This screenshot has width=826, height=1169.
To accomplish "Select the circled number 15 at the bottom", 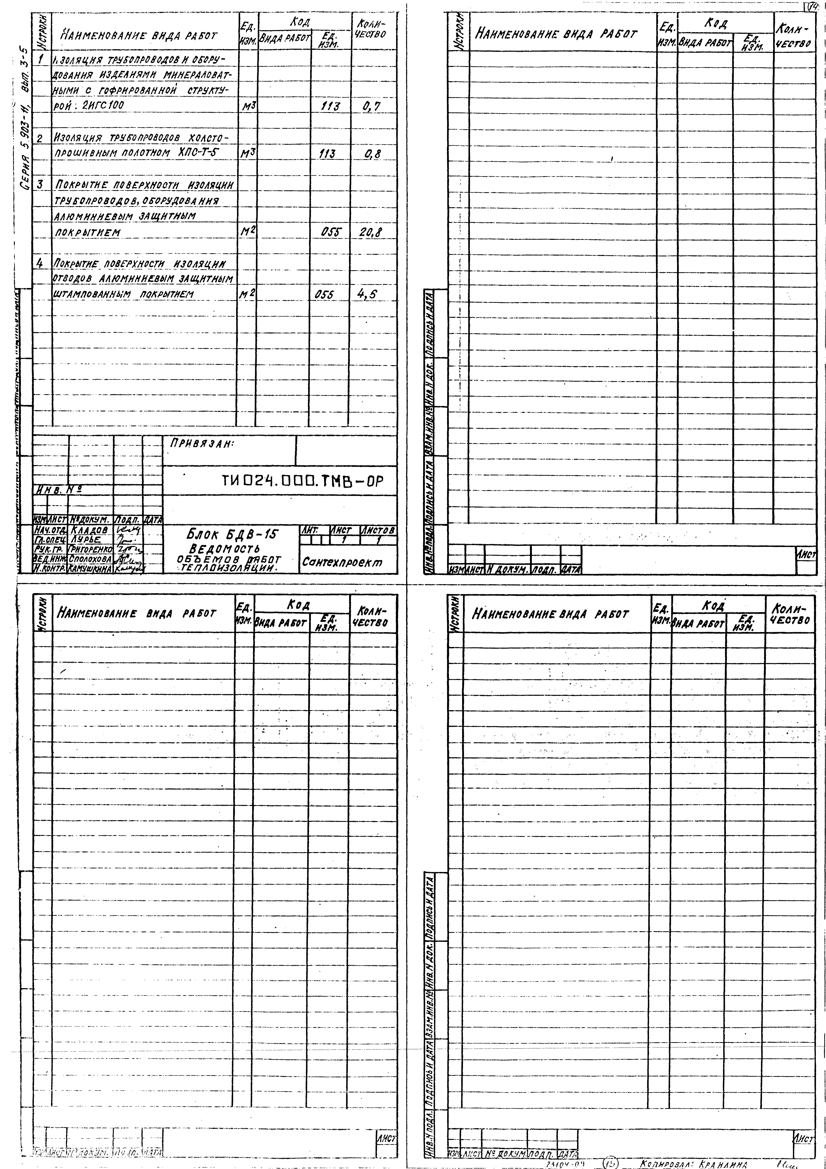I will pyautogui.click(x=610, y=1163).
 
